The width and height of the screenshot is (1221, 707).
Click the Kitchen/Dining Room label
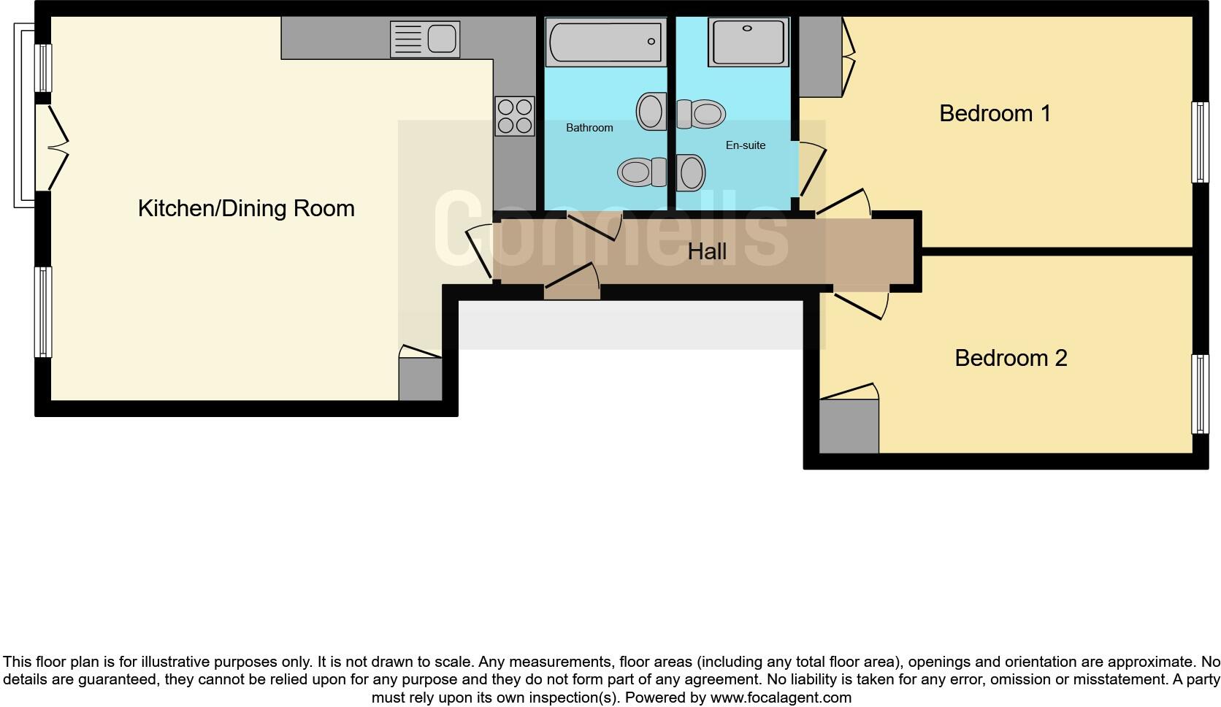point(246,209)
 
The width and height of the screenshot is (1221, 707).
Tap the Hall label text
point(706,252)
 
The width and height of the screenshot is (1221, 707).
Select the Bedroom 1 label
point(995,114)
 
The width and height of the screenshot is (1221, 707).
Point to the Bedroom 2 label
point(1011,358)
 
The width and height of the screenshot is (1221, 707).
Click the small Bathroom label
point(589,128)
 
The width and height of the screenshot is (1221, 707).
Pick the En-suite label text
point(745,145)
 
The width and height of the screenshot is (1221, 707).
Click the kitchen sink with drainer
point(424,39)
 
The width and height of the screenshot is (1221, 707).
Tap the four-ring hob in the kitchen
point(514,116)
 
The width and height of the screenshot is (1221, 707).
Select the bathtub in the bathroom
point(605,42)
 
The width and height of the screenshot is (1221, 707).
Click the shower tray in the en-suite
point(749,42)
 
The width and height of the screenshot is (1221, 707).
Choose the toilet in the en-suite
point(701,114)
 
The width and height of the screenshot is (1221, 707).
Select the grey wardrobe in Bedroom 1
point(821,57)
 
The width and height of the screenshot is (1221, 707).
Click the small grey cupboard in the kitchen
point(420,378)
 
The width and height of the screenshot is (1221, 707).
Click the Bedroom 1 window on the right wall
point(1199,142)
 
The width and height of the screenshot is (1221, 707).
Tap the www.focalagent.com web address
point(780,698)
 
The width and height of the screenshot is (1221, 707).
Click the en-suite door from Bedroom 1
point(811,169)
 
